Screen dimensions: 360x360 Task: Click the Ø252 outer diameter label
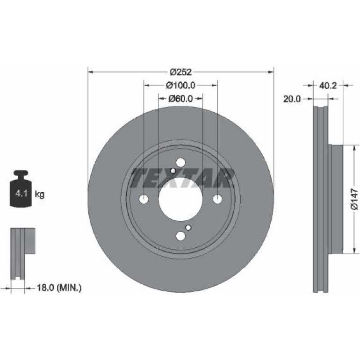pyautogui.click(x=180, y=72)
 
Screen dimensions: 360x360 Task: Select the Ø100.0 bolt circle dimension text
pyautogui.click(x=180, y=86)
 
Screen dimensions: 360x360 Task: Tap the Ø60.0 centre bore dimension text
pyautogui.click(x=180, y=99)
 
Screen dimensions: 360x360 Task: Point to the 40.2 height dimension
pyautogui.click(x=328, y=86)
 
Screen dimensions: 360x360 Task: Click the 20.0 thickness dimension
pyautogui.click(x=292, y=99)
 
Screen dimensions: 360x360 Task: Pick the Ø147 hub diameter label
pyautogui.click(x=354, y=199)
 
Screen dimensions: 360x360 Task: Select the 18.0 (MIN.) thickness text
pyautogui.click(x=59, y=288)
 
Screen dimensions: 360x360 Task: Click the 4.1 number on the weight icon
pyautogui.click(x=22, y=194)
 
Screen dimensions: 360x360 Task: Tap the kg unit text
pyautogui.click(x=39, y=194)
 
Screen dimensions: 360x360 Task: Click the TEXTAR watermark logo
pyautogui.click(x=182, y=178)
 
